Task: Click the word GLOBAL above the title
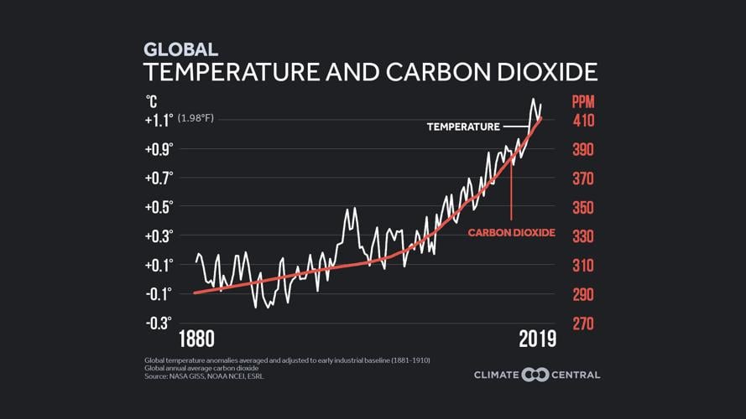tap(180, 49)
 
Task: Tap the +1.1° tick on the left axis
tap(159, 120)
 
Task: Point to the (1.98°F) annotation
tap(196, 118)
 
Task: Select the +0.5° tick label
tap(159, 207)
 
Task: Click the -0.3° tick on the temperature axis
tap(159, 323)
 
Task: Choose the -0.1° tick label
tap(159, 293)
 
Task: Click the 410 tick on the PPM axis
tap(583, 121)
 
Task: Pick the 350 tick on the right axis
tap(583, 208)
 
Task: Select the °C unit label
tap(151, 101)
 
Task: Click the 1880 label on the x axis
tap(196, 339)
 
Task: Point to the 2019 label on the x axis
tap(537, 339)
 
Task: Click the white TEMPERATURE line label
tap(463, 127)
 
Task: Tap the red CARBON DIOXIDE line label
tap(511, 231)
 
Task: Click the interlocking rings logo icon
tap(535, 375)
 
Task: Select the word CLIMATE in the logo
tap(496, 375)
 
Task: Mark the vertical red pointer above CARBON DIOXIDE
tap(511, 189)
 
